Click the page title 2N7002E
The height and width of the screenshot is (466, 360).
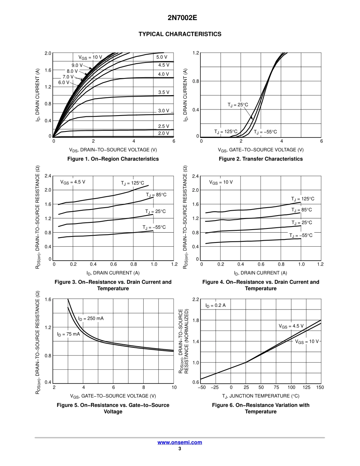[180, 18]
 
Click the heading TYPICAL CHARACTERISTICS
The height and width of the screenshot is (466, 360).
[180, 34]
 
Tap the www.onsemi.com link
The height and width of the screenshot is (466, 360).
[180, 442]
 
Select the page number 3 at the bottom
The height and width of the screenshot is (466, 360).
[180, 449]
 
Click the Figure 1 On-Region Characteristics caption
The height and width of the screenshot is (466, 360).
[113, 159]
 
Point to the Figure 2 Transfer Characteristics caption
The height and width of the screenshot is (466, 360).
[261, 159]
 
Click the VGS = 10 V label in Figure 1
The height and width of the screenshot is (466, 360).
[90, 57]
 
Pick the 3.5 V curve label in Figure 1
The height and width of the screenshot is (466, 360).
[164, 92]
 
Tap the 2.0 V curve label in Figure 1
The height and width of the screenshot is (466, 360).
[164, 133]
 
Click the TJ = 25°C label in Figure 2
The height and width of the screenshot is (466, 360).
[238, 105]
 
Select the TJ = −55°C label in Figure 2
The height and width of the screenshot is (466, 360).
[265, 132]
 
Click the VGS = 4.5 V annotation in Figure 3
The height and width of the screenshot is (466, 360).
[73, 182]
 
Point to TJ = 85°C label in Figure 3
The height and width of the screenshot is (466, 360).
[156, 195]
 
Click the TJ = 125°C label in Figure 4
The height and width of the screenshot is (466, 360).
[302, 199]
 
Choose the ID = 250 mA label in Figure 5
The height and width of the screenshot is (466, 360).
[91, 318]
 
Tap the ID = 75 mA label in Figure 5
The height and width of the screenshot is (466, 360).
[69, 334]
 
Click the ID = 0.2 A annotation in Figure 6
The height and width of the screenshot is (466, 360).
[215, 305]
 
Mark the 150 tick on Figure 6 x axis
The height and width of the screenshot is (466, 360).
[320, 387]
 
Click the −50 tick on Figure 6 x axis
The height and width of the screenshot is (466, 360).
[202, 387]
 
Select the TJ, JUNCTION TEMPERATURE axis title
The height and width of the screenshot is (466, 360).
[260, 396]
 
